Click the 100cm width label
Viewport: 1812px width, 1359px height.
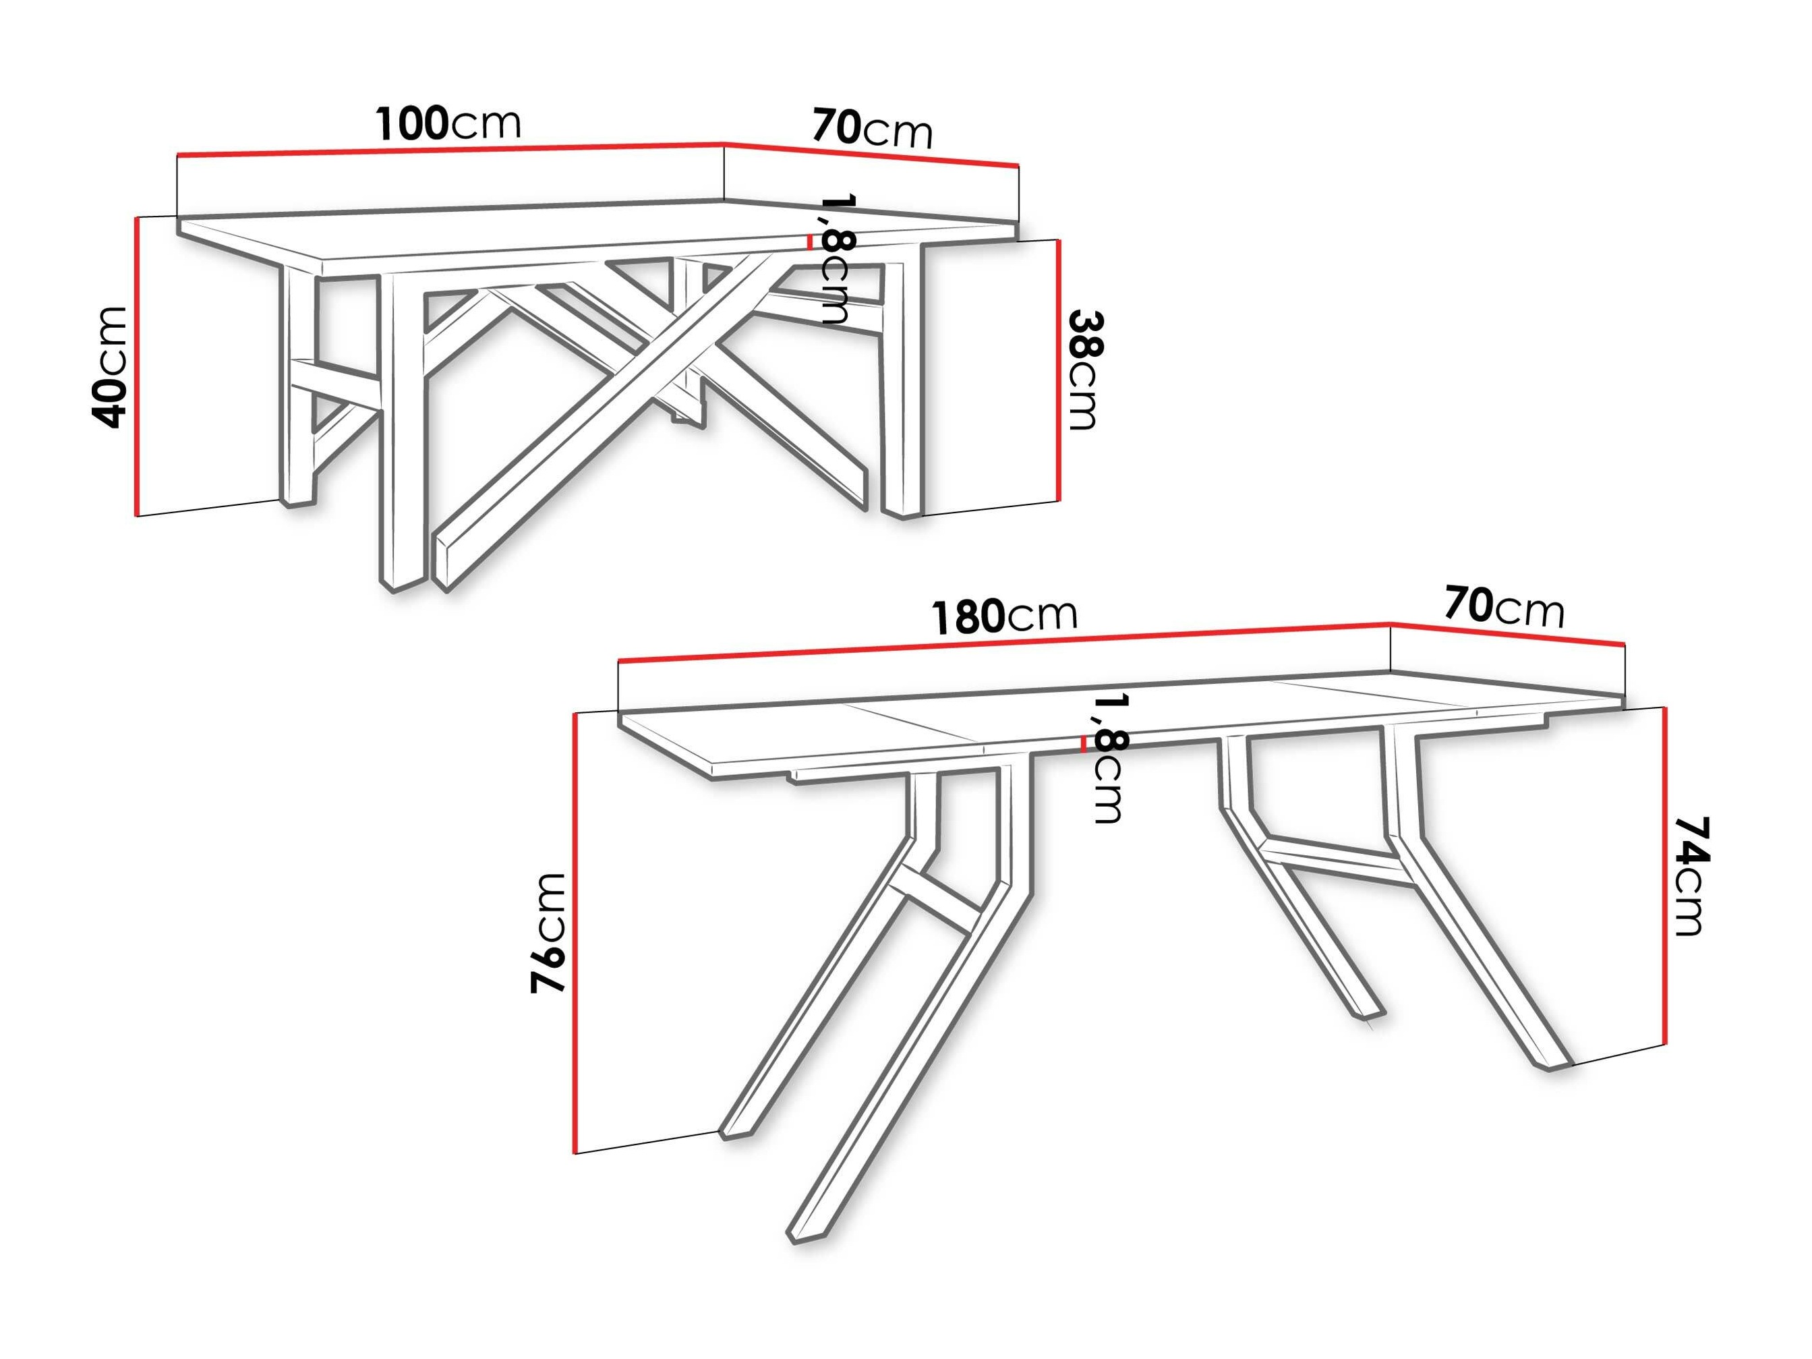448,123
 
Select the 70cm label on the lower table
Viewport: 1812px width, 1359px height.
1504,607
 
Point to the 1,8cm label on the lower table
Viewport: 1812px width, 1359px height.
1111,757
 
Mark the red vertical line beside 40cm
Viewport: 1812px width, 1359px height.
136,366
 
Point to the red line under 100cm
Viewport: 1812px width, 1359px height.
450,149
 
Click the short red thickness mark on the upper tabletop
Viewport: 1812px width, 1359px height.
809,241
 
